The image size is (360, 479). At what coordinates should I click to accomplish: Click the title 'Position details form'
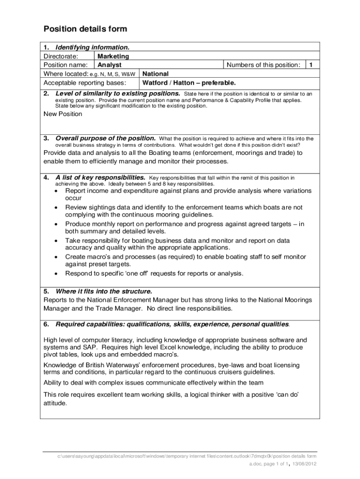[85, 29]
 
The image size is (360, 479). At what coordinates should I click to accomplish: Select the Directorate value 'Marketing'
[113, 56]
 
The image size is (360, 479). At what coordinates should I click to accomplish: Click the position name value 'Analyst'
[109, 65]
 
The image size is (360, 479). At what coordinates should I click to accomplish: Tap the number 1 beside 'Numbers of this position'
[311, 65]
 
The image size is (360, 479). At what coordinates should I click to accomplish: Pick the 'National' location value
[155, 74]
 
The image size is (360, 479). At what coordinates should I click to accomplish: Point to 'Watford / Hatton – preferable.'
[189, 83]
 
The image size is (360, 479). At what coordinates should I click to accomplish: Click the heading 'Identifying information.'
[92, 47]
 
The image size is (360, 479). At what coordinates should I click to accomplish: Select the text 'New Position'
[63, 114]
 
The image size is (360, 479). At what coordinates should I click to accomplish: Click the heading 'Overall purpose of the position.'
[106, 138]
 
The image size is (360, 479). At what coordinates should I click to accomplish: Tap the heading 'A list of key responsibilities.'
[100, 178]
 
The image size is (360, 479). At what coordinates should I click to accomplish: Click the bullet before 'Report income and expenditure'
[57, 191]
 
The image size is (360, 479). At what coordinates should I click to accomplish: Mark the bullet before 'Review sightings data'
[57, 207]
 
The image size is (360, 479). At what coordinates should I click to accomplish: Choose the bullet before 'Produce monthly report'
[57, 224]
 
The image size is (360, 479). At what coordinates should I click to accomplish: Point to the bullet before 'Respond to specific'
[57, 273]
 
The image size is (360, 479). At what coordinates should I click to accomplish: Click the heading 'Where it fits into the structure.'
[103, 290]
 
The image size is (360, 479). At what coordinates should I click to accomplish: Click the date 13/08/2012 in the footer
[304, 464]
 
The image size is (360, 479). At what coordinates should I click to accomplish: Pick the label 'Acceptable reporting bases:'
[85, 83]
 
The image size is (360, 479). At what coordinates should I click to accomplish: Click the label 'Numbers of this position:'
[263, 65]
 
